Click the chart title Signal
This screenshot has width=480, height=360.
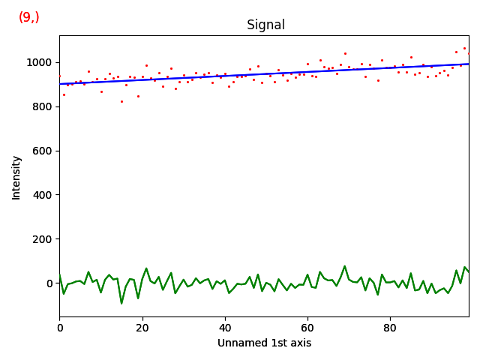pyautogui.click(x=265, y=25)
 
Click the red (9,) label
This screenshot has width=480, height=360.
pyautogui.click(x=29, y=17)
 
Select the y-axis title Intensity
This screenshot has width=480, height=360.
pyautogui.click(x=16, y=177)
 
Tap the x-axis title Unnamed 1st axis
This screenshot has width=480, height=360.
pyautogui.click(x=264, y=343)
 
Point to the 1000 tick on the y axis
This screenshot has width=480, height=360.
pyautogui.click(x=40, y=62)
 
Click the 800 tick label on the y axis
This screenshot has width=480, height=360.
pyautogui.click(x=43, y=106)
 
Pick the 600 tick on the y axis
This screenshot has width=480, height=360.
pyautogui.click(x=43, y=151)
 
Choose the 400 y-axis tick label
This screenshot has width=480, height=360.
pyautogui.click(x=43, y=195)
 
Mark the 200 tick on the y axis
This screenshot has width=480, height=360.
pyautogui.click(x=43, y=239)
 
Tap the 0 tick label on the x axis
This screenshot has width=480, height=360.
pyautogui.click(x=60, y=328)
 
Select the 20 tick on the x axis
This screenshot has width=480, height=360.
pyautogui.click(x=142, y=328)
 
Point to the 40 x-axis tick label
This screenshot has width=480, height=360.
pyautogui.click(x=225, y=328)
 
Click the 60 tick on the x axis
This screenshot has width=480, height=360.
pyautogui.click(x=307, y=328)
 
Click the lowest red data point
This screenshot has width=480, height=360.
pyautogui.click(x=121, y=101)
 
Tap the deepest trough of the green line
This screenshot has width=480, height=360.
pyautogui.click(x=121, y=303)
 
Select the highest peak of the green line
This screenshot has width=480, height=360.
pyautogui.click(x=345, y=266)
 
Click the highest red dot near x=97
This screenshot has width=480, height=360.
pyautogui.click(x=464, y=48)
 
